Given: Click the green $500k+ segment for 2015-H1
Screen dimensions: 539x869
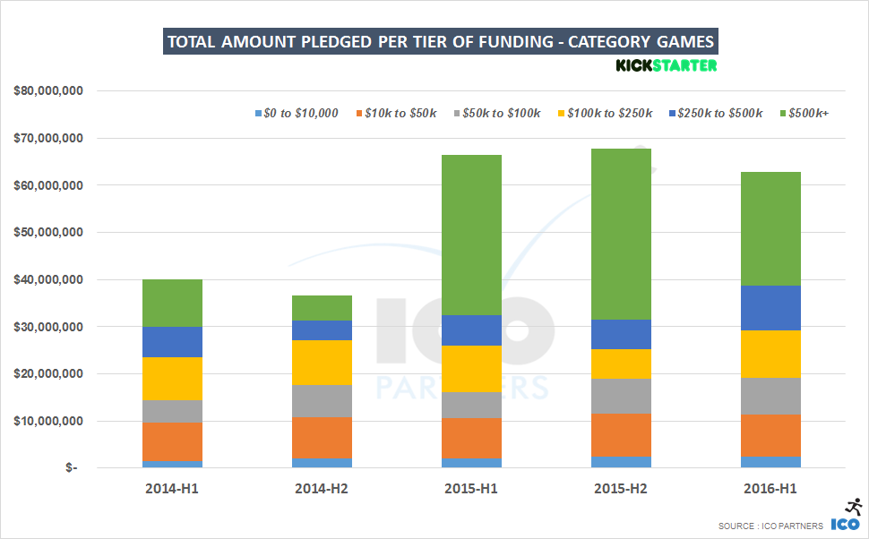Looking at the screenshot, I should (x=471, y=235).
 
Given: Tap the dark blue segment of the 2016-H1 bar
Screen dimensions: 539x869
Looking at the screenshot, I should (x=770, y=308).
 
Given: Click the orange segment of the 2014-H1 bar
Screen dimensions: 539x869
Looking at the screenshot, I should (x=172, y=441).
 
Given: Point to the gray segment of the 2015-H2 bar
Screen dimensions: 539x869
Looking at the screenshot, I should (x=621, y=396).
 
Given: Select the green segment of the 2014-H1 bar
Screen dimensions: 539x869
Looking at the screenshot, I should (x=172, y=303).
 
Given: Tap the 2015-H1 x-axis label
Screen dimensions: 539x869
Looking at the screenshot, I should (x=471, y=489).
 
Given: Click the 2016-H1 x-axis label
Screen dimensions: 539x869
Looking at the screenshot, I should (x=770, y=489).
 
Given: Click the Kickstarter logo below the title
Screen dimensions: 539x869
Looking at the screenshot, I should (x=667, y=65).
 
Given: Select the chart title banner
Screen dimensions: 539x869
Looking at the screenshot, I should (x=440, y=42).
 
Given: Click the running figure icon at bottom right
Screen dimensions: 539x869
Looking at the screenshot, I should (x=853, y=507).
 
